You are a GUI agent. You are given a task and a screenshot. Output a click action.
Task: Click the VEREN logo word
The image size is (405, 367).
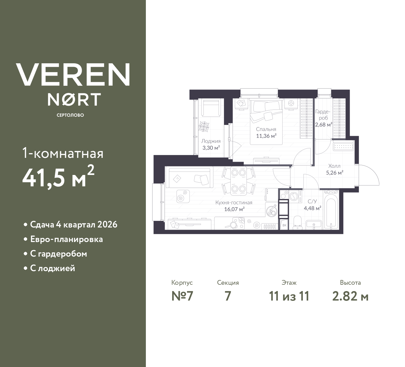pos(73,75)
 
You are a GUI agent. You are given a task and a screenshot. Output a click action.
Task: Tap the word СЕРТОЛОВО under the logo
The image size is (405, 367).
pos(70,115)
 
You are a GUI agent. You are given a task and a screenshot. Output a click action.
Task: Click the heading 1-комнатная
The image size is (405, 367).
pos(63,154)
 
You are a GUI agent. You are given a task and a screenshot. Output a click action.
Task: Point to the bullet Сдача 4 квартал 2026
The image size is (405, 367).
pos(73,225)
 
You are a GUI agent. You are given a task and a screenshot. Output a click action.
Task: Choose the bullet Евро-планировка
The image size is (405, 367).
pos(66,239)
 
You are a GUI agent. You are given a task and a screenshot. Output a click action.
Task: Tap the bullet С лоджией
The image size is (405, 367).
pos(53,268)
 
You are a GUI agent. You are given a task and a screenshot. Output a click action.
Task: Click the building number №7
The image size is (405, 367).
pos(182,296)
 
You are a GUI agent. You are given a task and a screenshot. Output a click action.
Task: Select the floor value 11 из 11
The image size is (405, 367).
pos(289,296)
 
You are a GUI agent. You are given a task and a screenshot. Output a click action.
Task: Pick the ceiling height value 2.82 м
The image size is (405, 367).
pos(350,296)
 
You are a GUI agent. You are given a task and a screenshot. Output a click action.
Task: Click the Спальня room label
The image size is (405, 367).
pos(266,129)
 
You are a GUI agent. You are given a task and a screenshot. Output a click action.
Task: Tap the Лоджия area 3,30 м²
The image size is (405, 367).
pos(211,148)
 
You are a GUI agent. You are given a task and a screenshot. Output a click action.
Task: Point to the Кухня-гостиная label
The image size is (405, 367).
pos(234,202)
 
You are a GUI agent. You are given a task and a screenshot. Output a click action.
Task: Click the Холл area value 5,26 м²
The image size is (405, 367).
pos(335,173)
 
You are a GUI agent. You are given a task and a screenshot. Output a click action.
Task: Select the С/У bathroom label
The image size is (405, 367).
pos(312,201)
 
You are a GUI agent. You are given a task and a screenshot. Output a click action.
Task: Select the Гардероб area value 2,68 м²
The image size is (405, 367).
pos(323,124)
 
